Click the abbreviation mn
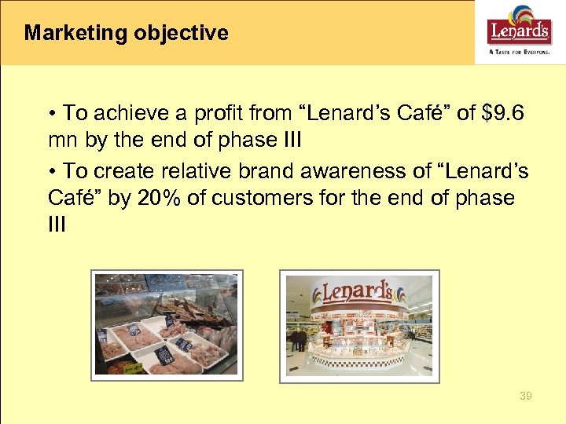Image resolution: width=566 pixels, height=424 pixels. tap(62, 142)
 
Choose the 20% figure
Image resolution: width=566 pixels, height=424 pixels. tap(160, 199)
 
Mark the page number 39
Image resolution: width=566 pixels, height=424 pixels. tap(525, 397)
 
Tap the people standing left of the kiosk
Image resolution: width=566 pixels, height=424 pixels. tap(299, 339)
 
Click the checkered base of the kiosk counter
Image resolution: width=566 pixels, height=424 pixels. tap(358, 361)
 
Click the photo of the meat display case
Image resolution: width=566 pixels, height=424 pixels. tap(166, 324)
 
